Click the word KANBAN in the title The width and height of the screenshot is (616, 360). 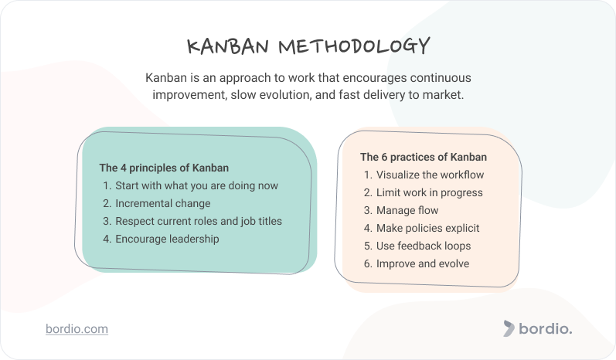228,46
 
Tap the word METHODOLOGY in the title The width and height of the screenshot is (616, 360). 354,46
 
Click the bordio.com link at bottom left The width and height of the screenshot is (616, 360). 77,329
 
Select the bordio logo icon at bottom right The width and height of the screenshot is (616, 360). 509,328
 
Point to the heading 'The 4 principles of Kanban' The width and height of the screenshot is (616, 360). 164,168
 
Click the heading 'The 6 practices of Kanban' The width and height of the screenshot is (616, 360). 424,157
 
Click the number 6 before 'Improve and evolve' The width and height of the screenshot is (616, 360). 367,263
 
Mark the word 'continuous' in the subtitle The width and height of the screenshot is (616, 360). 441,78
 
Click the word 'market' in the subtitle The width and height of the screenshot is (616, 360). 442,94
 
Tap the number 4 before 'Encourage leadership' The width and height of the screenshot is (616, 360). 106,239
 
